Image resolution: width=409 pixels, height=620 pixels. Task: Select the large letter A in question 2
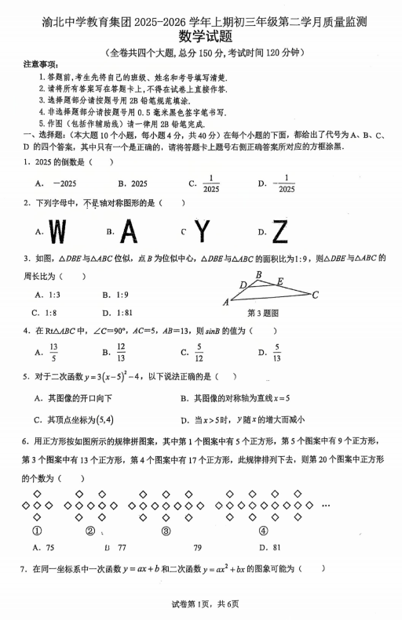coord(132,231)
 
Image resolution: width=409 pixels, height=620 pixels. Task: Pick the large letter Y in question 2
coord(203,231)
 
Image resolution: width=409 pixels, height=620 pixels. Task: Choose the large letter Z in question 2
coord(280,231)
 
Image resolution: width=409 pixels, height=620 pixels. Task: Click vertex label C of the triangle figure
coord(315,295)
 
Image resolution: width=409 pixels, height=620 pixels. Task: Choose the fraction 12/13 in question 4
coord(122,352)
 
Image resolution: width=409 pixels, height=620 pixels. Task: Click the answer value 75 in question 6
coord(50,548)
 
